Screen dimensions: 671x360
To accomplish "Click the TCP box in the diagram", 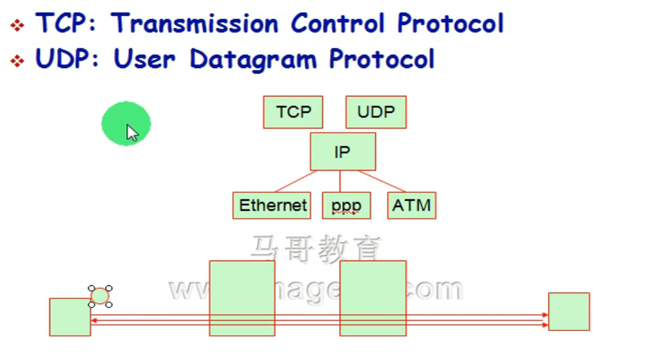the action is pos(293,112).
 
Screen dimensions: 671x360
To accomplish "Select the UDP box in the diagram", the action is pos(376,112).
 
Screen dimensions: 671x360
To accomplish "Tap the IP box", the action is pos(342,151).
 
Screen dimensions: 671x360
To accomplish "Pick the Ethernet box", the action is pos(272,206).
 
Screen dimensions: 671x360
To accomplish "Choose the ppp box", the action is pos(346,206).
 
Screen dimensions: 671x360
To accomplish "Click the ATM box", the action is pos(412,206).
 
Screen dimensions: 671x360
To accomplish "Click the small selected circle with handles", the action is pos(100,296).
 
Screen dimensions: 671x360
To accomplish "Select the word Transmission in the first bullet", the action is pos(195,24).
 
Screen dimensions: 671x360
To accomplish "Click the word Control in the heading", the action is pos(337,24).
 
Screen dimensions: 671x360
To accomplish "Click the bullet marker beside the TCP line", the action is pos(17,26).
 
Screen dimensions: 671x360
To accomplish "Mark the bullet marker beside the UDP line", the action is pos(17,61).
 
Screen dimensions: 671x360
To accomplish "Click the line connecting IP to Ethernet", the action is pos(296,181).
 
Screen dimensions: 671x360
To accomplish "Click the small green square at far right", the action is pos(568,311).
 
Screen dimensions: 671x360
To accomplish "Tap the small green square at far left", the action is pos(70,317).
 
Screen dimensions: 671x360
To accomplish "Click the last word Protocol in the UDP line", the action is pos(381,60).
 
